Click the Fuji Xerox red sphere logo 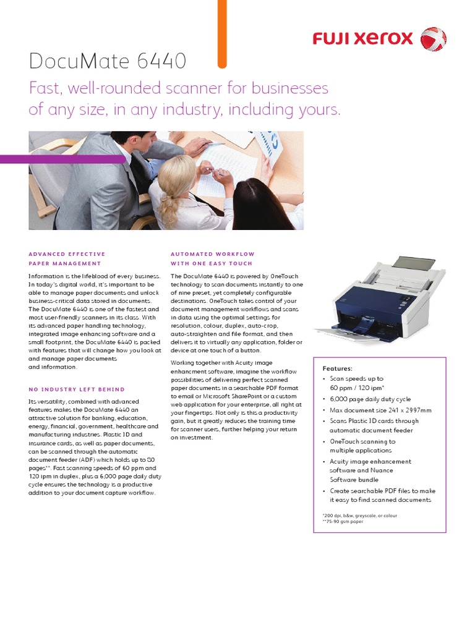click(x=433, y=38)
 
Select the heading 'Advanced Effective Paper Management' click(x=67, y=258)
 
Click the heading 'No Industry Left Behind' click(x=77, y=389)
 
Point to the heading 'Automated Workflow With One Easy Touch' click(x=212, y=258)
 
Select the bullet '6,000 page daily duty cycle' click(x=370, y=399)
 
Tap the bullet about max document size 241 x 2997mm click(x=380, y=410)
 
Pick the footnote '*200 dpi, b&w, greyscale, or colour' click(x=359, y=514)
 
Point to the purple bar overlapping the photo click(x=62, y=159)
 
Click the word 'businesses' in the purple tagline click(x=288, y=88)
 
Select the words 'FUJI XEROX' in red click(x=362, y=39)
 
